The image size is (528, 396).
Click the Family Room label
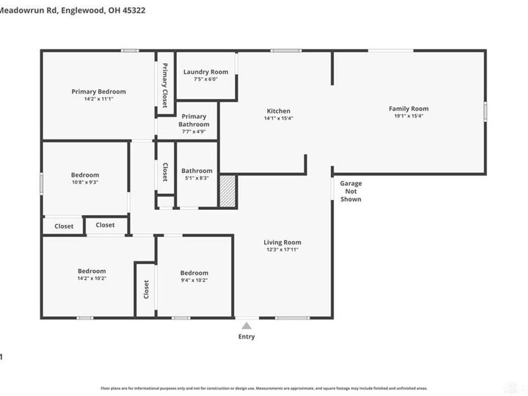point(409,109)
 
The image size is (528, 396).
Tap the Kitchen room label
point(278,111)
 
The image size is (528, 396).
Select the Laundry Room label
point(206,72)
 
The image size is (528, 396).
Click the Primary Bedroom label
point(98,92)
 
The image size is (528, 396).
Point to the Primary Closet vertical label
point(165,84)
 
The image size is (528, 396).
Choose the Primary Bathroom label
point(194,120)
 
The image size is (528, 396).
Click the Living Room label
point(282,242)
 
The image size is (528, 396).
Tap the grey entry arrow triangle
point(246,325)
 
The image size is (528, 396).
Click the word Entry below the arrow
point(246,337)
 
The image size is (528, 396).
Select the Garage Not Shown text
point(350,191)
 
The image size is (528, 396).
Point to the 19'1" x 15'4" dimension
point(408,117)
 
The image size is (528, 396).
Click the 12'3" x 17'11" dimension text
point(282,250)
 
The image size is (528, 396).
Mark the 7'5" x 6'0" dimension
point(205,79)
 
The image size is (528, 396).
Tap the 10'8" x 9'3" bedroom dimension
point(85,183)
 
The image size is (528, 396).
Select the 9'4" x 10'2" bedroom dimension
point(195,280)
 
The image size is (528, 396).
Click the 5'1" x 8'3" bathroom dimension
point(197,178)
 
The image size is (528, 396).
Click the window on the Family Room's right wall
point(485,111)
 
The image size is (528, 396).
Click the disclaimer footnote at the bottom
point(263,389)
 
